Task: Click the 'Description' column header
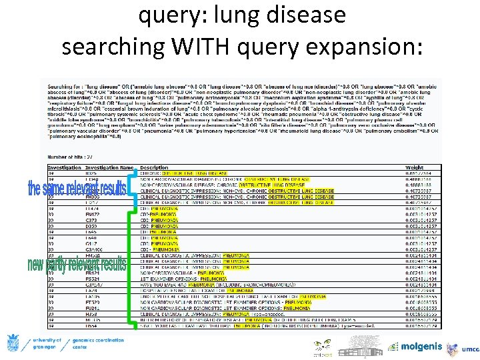click(154, 167)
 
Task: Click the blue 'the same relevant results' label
click(77, 189)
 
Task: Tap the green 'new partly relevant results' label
click(77, 265)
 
